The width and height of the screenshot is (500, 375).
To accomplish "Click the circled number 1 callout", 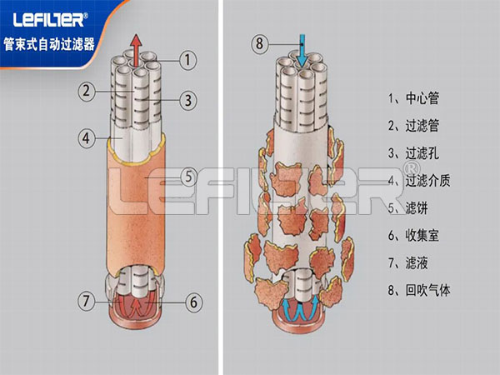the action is (187, 60).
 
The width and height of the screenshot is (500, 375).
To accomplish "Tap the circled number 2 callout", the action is (87, 92).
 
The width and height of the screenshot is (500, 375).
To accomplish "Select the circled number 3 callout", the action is (188, 101).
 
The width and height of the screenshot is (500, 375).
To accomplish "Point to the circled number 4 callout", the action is (87, 138).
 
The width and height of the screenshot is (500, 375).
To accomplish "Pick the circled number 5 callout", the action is (189, 177).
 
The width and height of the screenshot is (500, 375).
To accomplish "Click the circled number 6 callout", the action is (194, 302).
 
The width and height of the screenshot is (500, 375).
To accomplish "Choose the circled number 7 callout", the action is (87, 301).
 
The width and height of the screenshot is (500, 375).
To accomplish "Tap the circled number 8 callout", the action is (260, 43).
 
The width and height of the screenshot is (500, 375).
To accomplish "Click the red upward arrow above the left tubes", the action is (137, 50).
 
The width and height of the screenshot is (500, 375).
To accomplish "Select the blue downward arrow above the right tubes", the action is (302, 50).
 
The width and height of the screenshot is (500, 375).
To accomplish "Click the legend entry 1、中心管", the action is (413, 97).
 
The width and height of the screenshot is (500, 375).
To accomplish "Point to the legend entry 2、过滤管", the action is (413, 126).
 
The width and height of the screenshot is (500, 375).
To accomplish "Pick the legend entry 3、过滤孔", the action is (413, 153).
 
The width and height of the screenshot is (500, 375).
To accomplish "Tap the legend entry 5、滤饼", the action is (407, 208).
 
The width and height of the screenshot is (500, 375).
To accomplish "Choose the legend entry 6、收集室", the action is (413, 236).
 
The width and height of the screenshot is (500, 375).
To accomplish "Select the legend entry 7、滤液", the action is (407, 263).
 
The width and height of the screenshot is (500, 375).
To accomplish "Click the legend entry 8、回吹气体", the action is (419, 290).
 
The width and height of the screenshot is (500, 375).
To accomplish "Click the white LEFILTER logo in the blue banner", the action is (50, 20).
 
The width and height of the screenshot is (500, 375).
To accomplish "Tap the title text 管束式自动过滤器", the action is (49, 44).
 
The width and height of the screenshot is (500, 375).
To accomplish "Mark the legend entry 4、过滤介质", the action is (419, 181).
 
